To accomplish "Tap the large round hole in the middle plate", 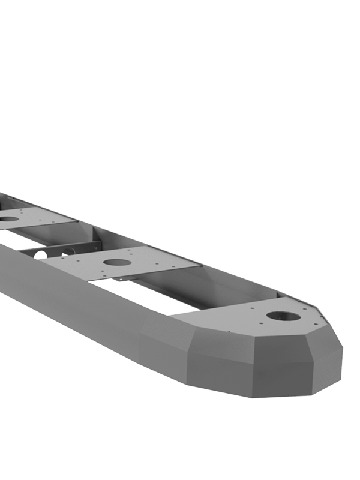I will pos(117,262).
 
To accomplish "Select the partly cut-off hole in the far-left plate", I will pos(8,219).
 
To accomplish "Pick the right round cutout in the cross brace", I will pos(68,251).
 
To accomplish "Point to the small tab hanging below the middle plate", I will pos(122,279).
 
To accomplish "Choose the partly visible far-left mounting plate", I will pos(36,216).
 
